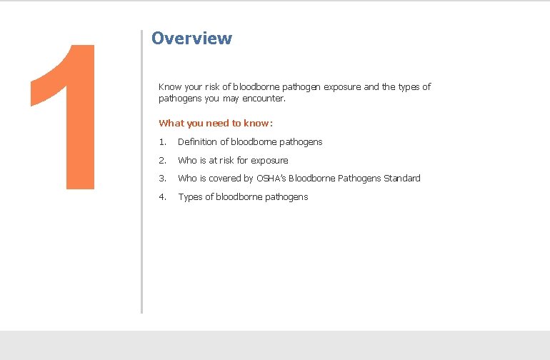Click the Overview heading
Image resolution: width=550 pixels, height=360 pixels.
pyautogui.click(x=191, y=38)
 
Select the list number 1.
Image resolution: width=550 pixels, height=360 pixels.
pyautogui.click(x=162, y=141)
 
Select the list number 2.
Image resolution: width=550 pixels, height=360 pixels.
pyautogui.click(x=162, y=160)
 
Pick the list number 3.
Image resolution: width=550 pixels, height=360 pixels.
pyautogui.click(x=162, y=178)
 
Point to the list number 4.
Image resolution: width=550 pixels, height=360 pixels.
pyautogui.click(x=162, y=196)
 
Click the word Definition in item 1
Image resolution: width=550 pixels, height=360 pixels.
pyautogui.click(x=196, y=141)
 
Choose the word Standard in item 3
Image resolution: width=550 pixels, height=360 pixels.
pyautogui.click(x=402, y=178)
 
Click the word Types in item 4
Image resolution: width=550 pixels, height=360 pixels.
pyautogui.click(x=189, y=196)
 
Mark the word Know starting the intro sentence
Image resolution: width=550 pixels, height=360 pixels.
pyautogui.click(x=169, y=87)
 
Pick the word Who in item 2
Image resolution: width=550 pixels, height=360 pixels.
pyautogui.click(x=187, y=160)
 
